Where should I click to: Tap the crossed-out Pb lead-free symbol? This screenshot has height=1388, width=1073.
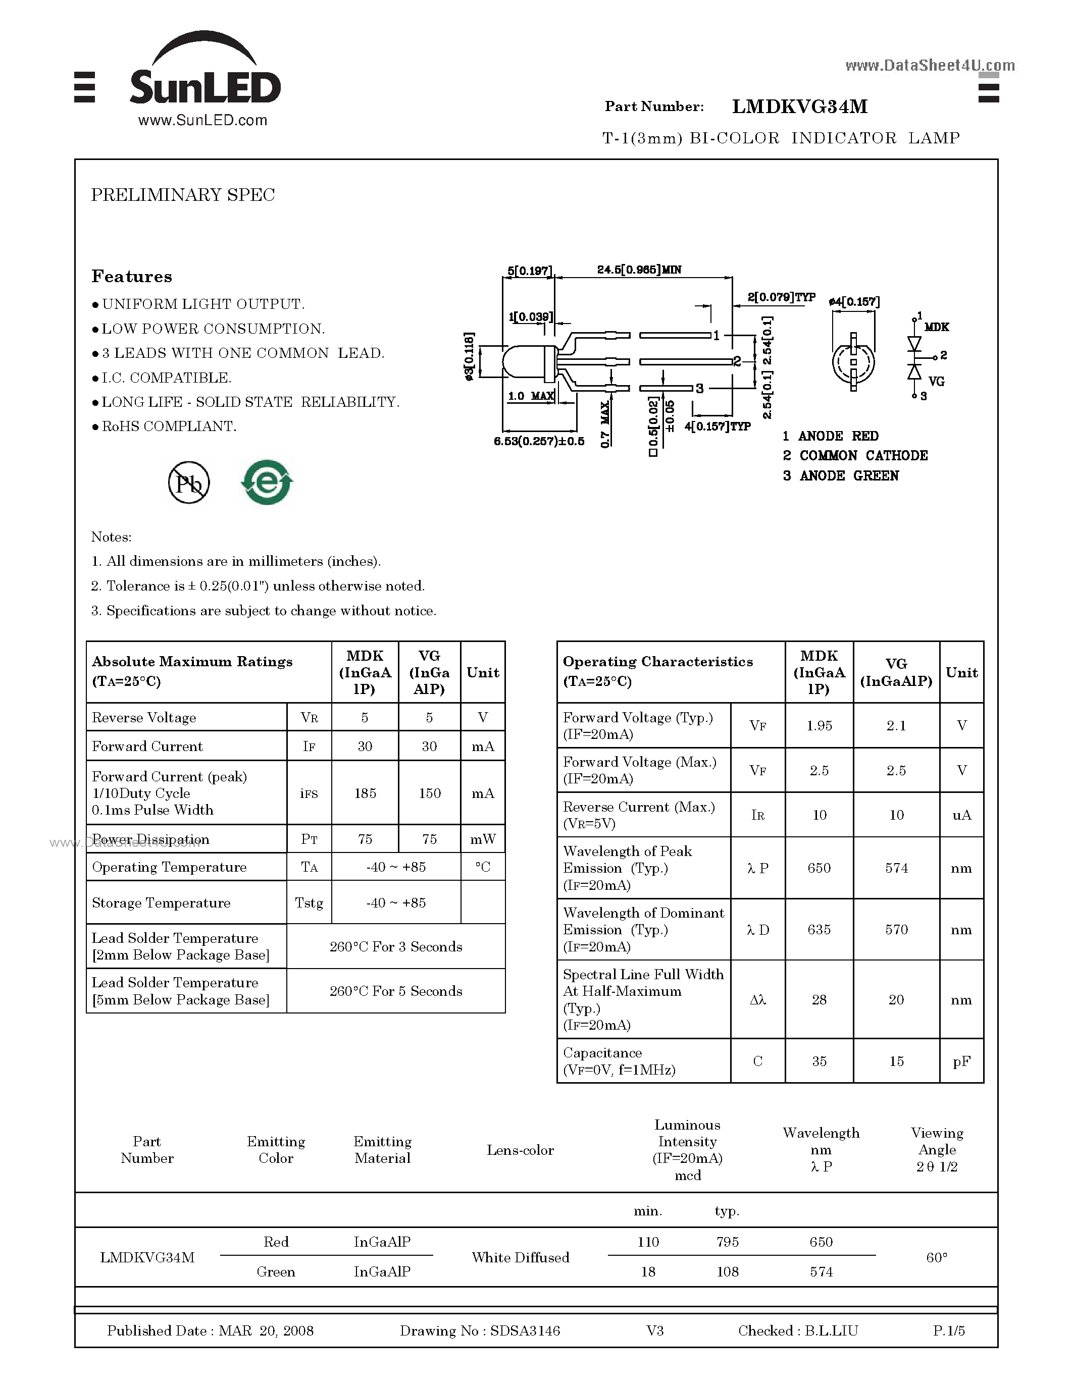(189, 483)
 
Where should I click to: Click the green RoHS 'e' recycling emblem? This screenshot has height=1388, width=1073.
(267, 483)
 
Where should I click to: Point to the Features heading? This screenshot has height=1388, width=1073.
(132, 277)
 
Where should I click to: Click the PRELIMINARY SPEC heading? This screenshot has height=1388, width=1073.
(183, 195)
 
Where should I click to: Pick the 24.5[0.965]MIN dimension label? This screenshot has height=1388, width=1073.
(639, 270)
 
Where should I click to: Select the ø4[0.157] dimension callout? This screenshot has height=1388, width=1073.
(854, 301)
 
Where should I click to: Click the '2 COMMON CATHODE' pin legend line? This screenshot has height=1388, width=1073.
(855, 456)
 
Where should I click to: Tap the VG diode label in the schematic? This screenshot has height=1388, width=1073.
(936, 381)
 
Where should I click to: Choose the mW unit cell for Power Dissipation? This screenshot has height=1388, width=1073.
(482, 839)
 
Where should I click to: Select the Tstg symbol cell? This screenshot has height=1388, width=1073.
(309, 902)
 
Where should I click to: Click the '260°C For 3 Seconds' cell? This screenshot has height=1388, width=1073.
(395, 946)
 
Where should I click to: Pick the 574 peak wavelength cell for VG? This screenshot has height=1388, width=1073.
(896, 868)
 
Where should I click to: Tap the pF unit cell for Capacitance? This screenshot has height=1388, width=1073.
(961, 1061)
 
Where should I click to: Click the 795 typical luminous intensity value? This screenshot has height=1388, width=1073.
(727, 1242)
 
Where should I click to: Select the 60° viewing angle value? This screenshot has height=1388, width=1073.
(936, 1257)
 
